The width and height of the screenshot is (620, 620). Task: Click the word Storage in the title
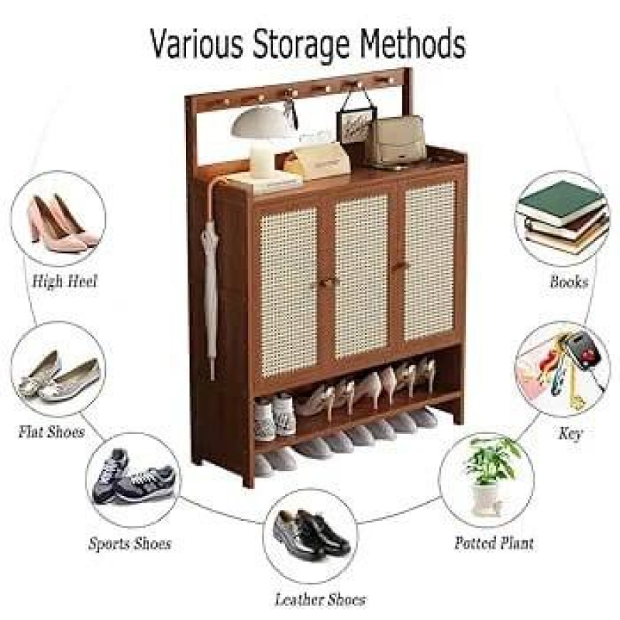[x=301, y=46]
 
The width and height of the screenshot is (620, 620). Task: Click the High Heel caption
[x=64, y=282]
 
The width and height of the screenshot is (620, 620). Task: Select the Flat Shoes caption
[x=52, y=432]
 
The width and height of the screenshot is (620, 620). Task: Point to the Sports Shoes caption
[x=129, y=544]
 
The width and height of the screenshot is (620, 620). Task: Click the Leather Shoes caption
[x=320, y=600]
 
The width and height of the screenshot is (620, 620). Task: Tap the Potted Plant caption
[x=494, y=543]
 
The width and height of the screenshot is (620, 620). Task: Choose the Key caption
[x=570, y=434]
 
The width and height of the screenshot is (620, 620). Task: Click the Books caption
[x=569, y=282]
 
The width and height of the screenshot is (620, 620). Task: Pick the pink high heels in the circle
[x=64, y=222]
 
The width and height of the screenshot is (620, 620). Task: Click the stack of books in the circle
[x=563, y=218]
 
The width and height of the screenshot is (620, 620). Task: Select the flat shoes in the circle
[x=59, y=377]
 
